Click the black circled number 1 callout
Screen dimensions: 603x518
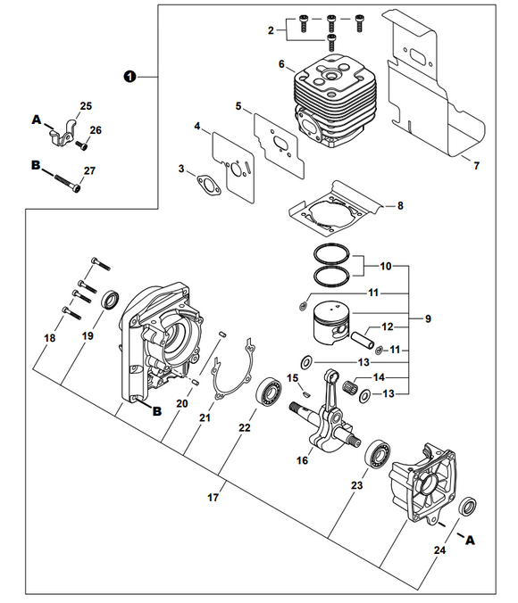coord(129,77)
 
